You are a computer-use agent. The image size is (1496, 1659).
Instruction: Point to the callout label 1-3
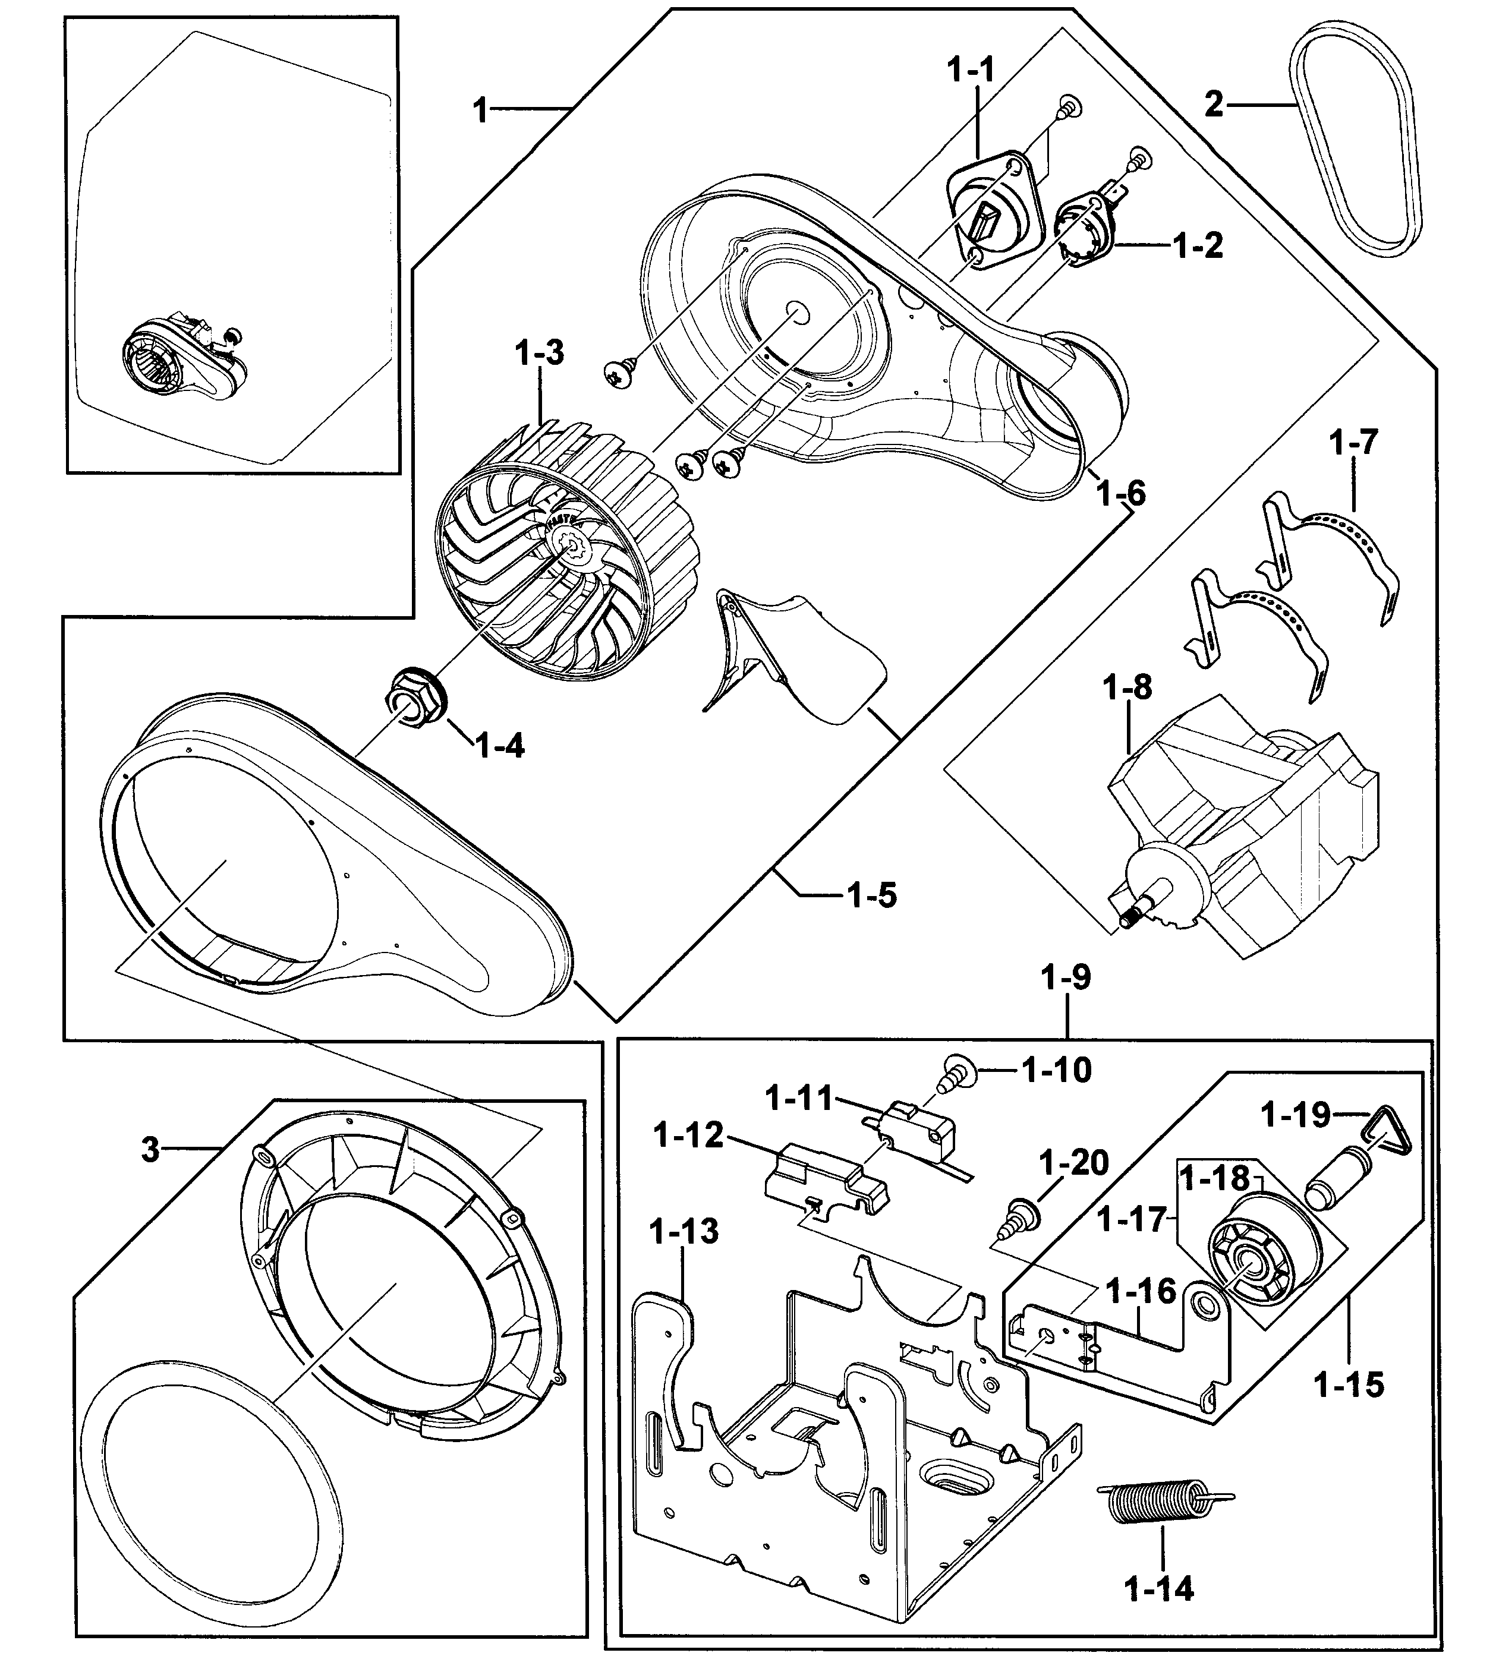tap(539, 354)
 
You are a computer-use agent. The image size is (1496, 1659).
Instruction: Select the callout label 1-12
tap(688, 1136)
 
